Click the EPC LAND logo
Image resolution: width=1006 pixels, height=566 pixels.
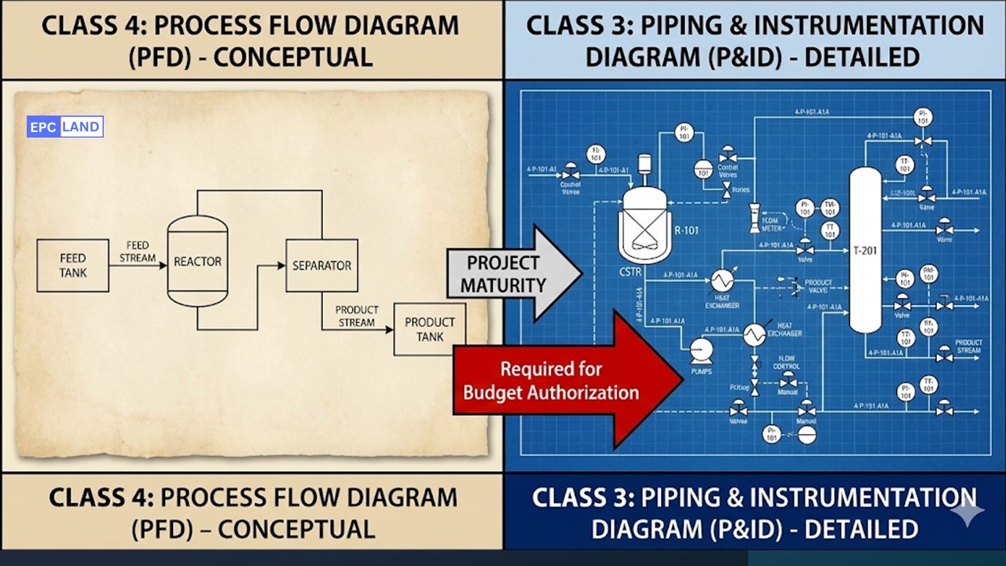[x=65, y=127]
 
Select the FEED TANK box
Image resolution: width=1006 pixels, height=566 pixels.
[x=72, y=266]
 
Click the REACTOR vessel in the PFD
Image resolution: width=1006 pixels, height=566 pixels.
[x=197, y=261]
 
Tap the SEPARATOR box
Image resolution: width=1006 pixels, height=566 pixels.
[x=321, y=266]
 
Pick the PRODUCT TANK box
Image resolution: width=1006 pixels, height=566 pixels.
[x=429, y=329]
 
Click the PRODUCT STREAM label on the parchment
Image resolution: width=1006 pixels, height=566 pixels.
[x=356, y=316]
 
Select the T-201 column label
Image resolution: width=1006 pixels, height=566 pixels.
[x=867, y=251]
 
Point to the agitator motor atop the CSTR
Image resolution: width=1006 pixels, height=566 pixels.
[x=645, y=164]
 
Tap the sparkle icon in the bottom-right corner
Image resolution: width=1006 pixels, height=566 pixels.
[x=966, y=512]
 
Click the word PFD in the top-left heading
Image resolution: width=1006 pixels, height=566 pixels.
[x=168, y=57]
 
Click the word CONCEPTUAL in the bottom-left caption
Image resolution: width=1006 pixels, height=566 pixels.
[x=296, y=529]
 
